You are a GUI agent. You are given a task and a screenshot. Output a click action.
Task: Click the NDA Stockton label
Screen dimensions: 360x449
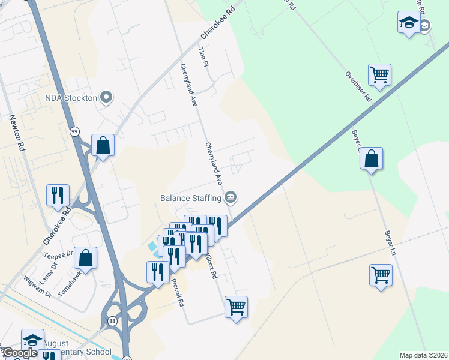point(70,97)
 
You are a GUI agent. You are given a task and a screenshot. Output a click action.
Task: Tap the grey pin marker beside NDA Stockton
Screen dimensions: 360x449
point(107,97)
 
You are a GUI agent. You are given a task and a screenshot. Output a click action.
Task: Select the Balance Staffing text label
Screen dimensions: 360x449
point(191,197)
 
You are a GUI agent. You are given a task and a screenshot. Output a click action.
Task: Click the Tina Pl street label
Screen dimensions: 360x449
point(203,58)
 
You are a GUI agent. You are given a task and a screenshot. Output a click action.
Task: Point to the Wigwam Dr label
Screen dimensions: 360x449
point(37,286)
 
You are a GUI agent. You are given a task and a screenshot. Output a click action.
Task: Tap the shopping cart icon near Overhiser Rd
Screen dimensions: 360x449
point(379,75)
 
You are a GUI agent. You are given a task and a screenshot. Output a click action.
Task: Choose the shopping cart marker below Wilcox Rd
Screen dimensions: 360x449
point(236,307)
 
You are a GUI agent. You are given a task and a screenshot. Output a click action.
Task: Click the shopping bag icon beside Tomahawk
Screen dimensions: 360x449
point(86,258)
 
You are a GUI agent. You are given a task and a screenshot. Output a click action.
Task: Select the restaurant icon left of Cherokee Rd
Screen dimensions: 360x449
point(58,194)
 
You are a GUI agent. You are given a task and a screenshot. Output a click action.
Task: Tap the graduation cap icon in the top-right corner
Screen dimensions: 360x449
point(409,23)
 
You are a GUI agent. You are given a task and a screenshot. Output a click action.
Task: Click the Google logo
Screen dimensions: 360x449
point(19,353)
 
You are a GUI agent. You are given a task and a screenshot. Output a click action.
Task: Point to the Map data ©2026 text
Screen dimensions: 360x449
point(423,355)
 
